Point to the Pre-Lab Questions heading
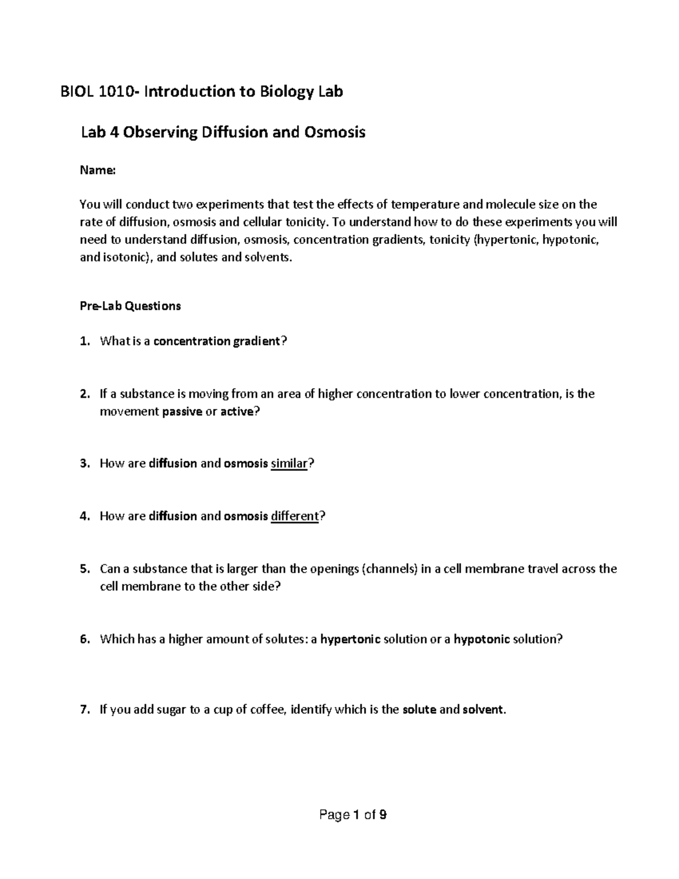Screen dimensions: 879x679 coord(130,306)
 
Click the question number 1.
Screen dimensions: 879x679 coord(84,341)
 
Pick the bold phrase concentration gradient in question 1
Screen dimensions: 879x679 coord(217,341)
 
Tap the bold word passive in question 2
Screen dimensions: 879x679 coord(182,411)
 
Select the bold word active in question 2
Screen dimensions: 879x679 coord(237,411)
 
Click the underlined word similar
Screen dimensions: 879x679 coord(289,464)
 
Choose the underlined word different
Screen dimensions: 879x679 coord(295,516)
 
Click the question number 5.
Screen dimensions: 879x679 coord(84,569)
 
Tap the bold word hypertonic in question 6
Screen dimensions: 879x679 coord(350,640)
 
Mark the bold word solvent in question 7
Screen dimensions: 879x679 coord(483,710)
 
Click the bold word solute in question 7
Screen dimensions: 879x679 coord(419,710)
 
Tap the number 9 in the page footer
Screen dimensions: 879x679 coord(383,816)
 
